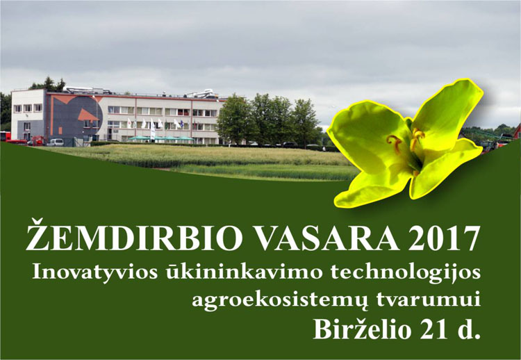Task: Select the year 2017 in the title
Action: [445, 238]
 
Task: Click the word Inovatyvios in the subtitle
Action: [95, 272]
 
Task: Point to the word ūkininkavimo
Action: [245, 272]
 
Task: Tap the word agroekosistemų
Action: [281, 300]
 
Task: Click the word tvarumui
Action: [429, 299]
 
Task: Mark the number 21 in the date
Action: [431, 329]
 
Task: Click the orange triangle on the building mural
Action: [88, 115]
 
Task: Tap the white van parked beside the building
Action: [56, 142]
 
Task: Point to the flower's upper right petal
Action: [447, 111]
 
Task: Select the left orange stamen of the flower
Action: [395, 143]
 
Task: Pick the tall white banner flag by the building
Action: [153, 130]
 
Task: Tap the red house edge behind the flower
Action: [518, 132]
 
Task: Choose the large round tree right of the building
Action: [235, 120]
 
